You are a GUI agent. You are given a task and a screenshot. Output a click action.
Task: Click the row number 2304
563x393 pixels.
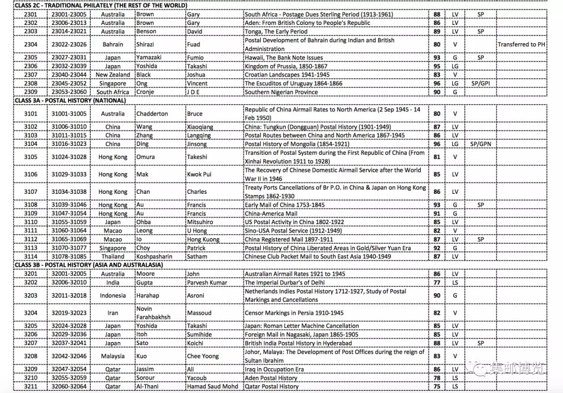[x=31, y=44]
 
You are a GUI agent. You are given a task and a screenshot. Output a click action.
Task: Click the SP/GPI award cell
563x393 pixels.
[x=480, y=84]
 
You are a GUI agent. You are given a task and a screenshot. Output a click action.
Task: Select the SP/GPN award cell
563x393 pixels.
[x=481, y=144]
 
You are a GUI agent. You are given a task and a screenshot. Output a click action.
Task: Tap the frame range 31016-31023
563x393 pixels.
[x=71, y=144]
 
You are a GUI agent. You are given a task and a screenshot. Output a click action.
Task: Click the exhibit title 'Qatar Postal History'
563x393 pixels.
[x=272, y=386]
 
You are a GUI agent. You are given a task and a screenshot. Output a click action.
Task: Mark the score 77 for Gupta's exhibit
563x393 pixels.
[x=437, y=283]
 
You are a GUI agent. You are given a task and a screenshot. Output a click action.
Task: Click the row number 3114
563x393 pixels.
[x=31, y=257]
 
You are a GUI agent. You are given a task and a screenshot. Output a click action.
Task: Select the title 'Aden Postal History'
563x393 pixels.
[x=271, y=378]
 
